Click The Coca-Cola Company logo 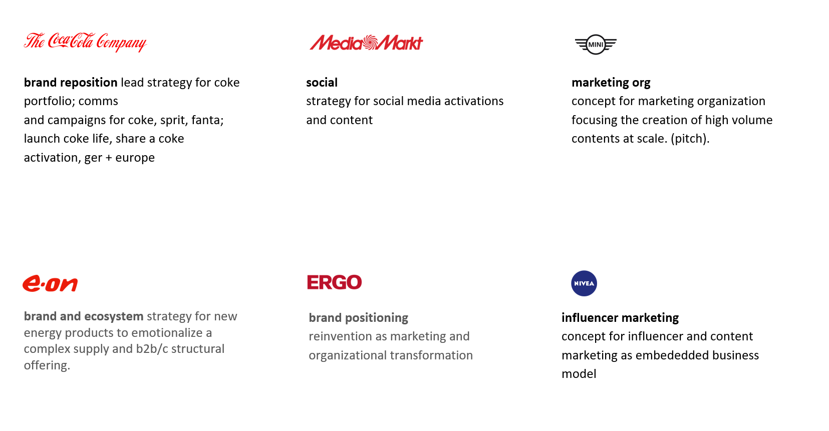pyautogui.click(x=86, y=42)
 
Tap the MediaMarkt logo pyautogui.click(x=366, y=43)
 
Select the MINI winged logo pyautogui.click(x=596, y=45)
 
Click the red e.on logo pyautogui.click(x=50, y=283)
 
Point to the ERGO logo pyautogui.click(x=334, y=282)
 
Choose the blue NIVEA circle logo pyautogui.click(x=584, y=283)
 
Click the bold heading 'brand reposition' pyautogui.click(x=71, y=83)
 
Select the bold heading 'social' pyautogui.click(x=322, y=83)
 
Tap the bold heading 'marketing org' pyautogui.click(x=611, y=83)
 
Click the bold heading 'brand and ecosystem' pyautogui.click(x=84, y=316)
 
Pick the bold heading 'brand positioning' pyautogui.click(x=358, y=318)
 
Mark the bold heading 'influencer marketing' pyautogui.click(x=620, y=318)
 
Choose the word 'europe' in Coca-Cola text pyautogui.click(x=135, y=158)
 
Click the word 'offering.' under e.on pyautogui.click(x=47, y=365)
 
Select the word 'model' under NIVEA pyautogui.click(x=579, y=374)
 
